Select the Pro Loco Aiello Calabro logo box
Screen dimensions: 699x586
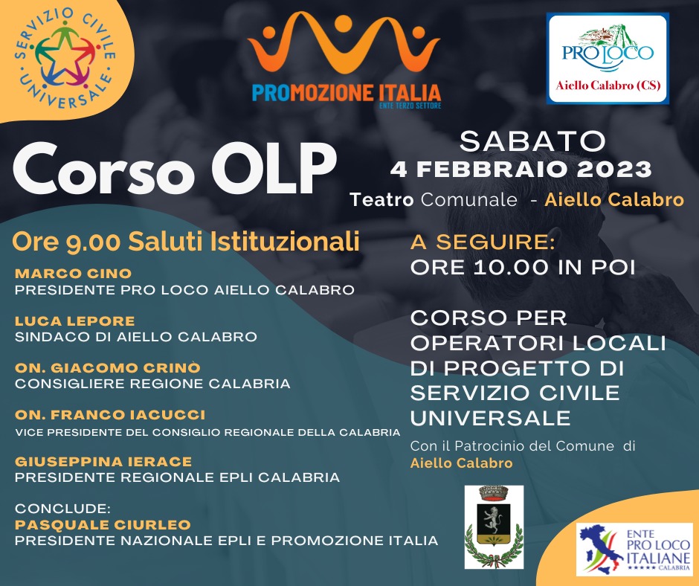608,59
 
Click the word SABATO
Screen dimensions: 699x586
532,141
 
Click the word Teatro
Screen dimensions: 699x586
382,200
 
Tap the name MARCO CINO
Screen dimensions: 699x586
74,274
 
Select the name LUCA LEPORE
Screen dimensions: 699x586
75,321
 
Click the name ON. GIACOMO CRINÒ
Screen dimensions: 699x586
108,368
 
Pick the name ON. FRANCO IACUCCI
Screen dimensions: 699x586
110,415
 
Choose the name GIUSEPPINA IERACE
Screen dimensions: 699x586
103,462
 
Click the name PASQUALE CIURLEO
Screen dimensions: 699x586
103,525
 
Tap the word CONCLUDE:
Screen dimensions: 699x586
63,509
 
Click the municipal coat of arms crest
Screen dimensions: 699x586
494,527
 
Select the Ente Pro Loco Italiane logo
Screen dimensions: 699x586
634,550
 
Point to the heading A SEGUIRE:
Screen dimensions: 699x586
483,242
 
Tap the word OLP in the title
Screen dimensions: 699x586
274,169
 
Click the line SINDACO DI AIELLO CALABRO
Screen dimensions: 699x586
136,337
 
